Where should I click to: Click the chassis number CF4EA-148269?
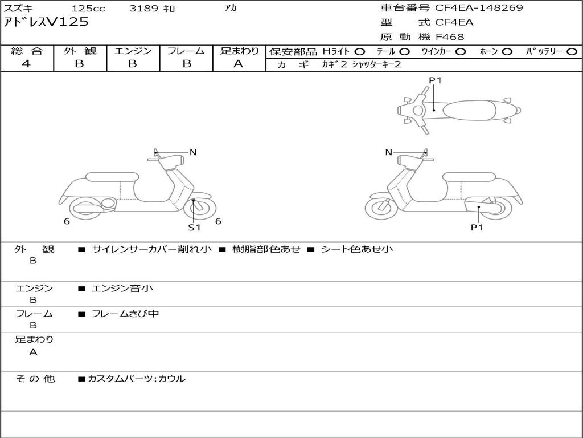coord(479,8)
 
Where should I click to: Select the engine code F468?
coord(450,37)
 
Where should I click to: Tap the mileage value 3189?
coord(144,9)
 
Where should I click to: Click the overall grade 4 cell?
coord(27,64)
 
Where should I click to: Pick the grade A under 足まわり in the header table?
coord(239,64)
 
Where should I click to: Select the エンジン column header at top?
coord(133,51)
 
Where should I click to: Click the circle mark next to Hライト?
coord(360,51)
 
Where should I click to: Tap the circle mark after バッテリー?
coord(572,51)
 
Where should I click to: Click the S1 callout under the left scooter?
coord(195,228)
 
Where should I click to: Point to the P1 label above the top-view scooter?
coord(435,80)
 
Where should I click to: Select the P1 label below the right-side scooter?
coord(477,228)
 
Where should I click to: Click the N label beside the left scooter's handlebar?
coord(193,152)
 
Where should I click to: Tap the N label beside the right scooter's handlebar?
coord(389,152)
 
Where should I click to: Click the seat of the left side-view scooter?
coord(112,177)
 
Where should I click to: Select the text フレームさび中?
coord(125,314)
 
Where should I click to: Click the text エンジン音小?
coord(122,289)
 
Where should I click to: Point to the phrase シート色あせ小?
coord(357,249)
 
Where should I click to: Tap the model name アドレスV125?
coord(47,22)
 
